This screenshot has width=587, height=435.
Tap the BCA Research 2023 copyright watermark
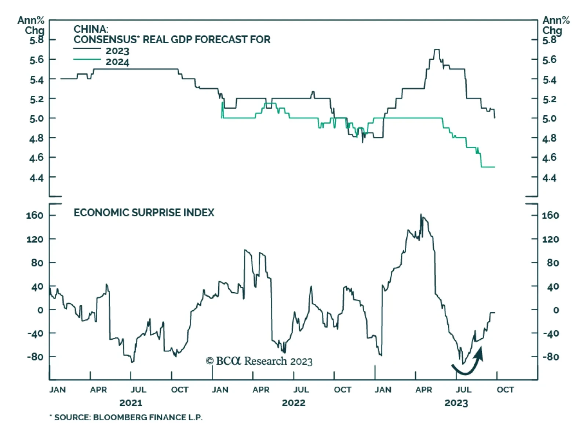click(x=259, y=361)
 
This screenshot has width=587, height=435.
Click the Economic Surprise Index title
click(x=144, y=213)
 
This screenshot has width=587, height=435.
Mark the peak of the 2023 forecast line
click(x=437, y=50)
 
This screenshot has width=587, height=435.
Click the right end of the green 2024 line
click(x=494, y=167)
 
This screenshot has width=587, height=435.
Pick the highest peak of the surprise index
click(x=421, y=215)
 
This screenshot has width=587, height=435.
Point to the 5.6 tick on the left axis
click(x=36, y=59)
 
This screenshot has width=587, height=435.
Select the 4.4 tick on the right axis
click(x=549, y=178)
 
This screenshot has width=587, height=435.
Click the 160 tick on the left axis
click(x=35, y=215)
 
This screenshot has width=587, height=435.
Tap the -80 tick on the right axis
click(x=550, y=357)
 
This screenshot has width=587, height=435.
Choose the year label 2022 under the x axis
click(x=293, y=403)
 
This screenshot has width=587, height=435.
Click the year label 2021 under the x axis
click(x=131, y=403)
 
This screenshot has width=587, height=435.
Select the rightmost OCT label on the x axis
click(x=505, y=390)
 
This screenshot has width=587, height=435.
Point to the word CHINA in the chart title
click(x=91, y=29)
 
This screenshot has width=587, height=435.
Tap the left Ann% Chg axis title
click(x=31, y=25)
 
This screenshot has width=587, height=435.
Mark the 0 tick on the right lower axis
click(x=556, y=310)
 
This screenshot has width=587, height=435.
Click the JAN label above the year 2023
click(x=383, y=390)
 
